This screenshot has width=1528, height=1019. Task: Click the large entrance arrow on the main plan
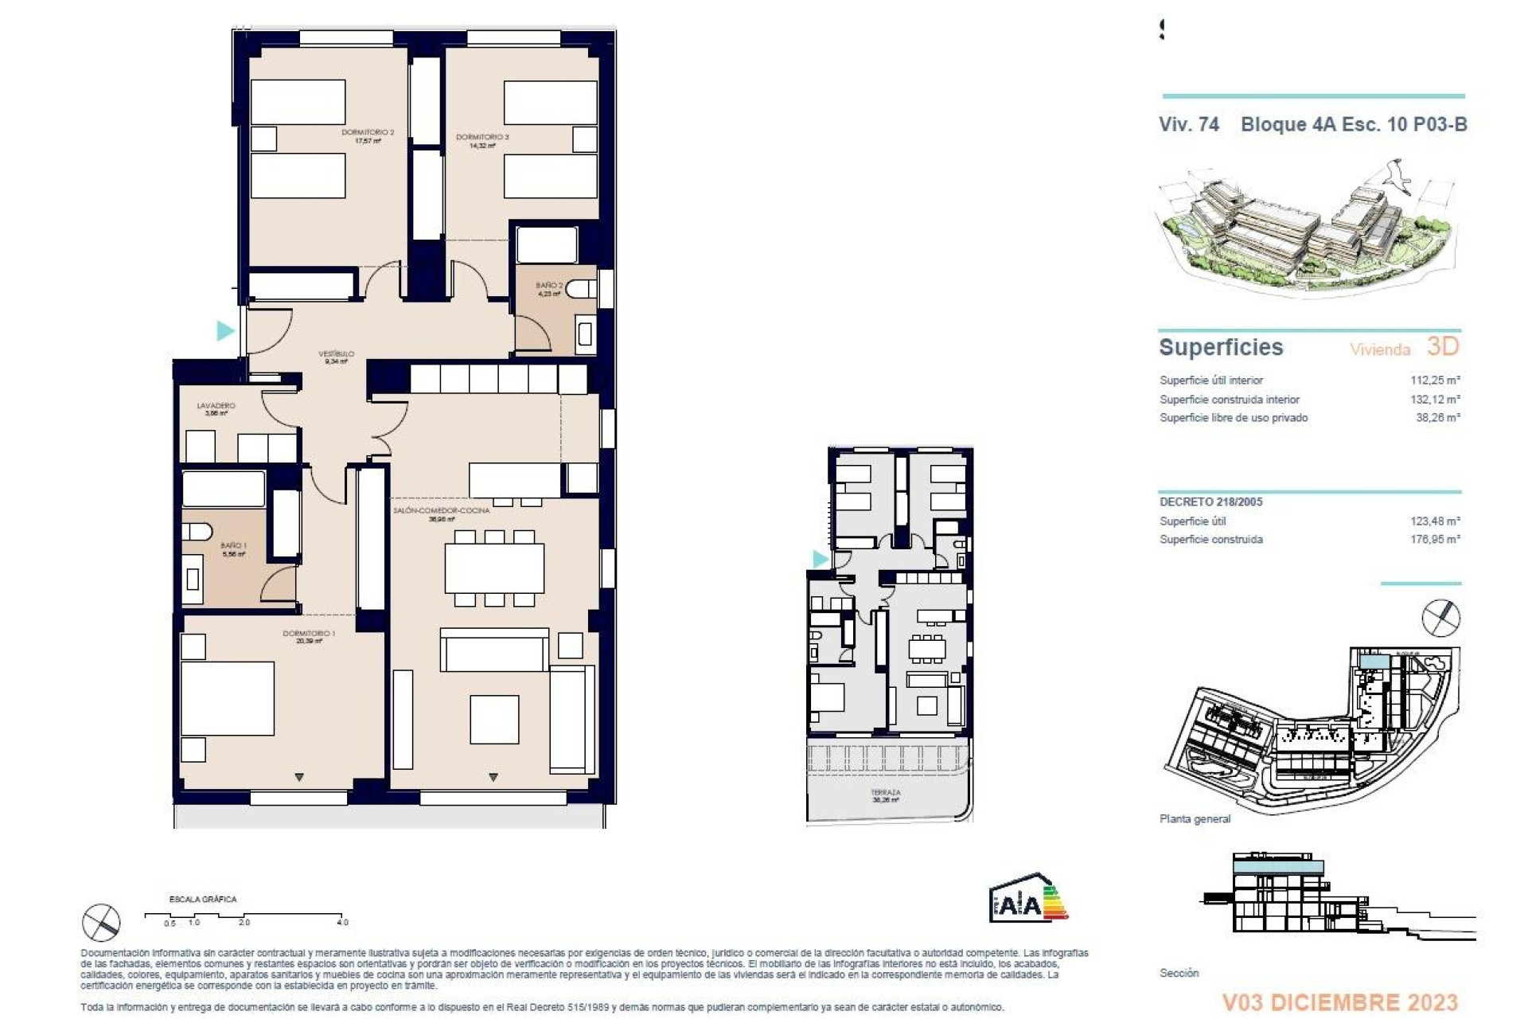(x=226, y=330)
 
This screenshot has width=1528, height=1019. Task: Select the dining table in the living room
(x=494, y=567)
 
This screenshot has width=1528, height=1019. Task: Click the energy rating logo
(x=1027, y=898)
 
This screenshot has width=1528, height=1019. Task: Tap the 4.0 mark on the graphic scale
(x=342, y=922)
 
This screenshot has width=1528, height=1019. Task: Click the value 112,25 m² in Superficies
(x=1435, y=381)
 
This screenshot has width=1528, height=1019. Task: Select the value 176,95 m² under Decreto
(x=1435, y=539)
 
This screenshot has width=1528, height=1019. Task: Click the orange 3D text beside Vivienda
(x=1442, y=346)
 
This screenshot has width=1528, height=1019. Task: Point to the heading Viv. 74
(x=1188, y=124)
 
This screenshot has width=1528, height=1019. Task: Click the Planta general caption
(x=1195, y=818)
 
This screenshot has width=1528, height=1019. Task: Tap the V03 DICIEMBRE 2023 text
(x=1339, y=1002)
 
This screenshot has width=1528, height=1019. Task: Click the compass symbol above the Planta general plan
(x=1440, y=619)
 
